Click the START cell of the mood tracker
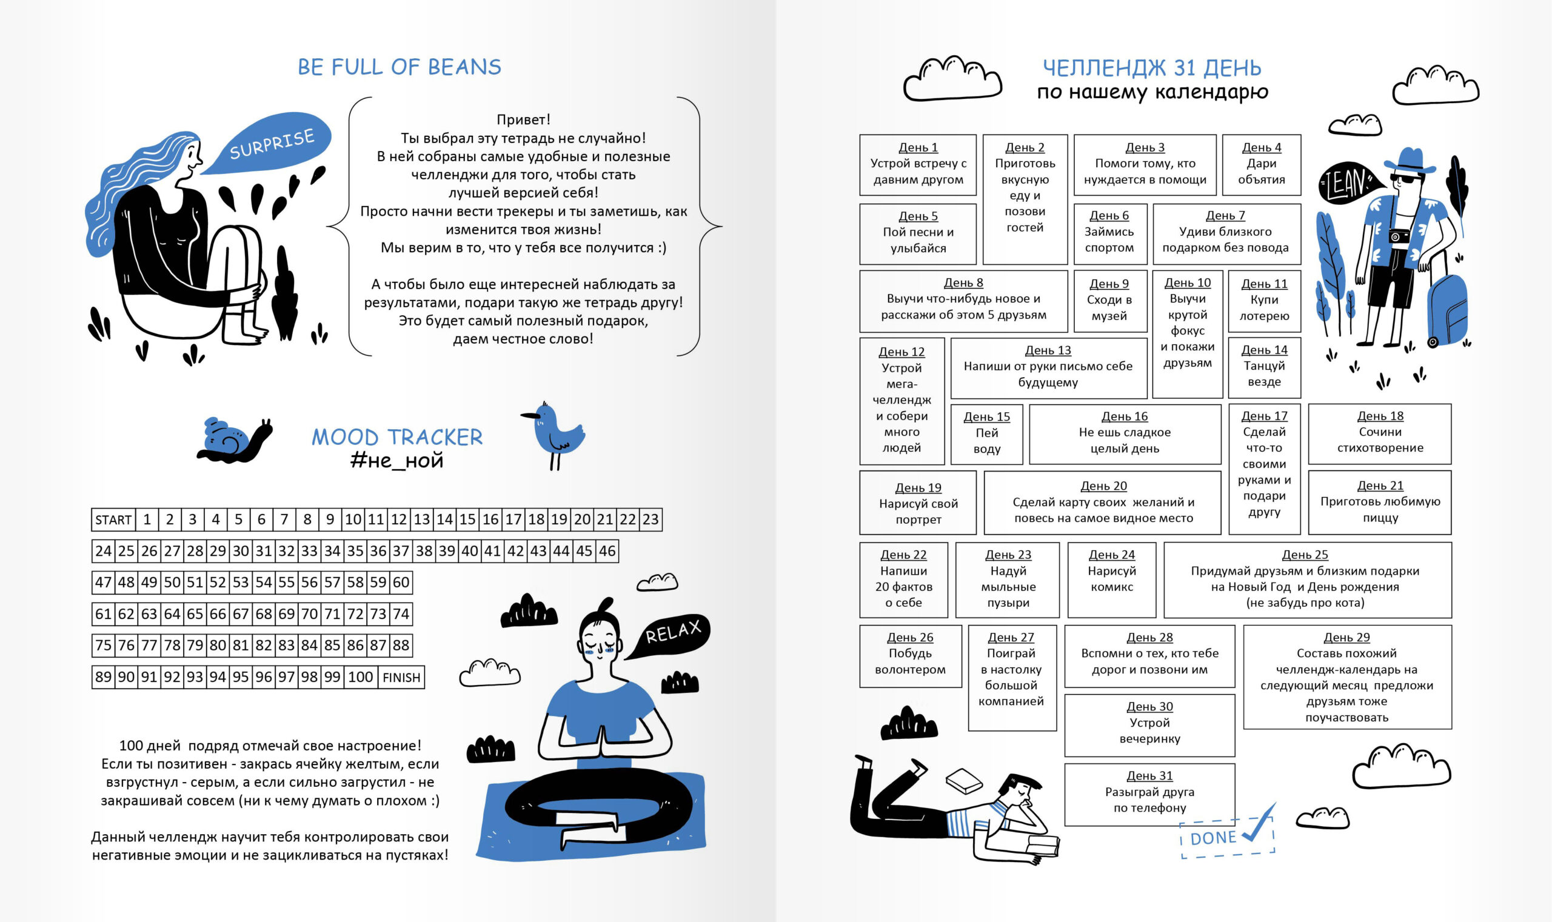pyautogui.click(x=113, y=519)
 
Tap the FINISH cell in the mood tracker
pyautogui.click(x=401, y=677)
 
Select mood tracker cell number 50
pyautogui.click(x=172, y=582)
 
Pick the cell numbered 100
pyautogui.click(x=360, y=676)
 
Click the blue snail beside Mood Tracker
pyautogui.click(x=233, y=439)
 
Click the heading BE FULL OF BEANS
pyautogui.click(x=399, y=67)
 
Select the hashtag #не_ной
pyautogui.click(x=397, y=460)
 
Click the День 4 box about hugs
pyautogui.click(x=1261, y=165)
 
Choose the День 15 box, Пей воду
pyautogui.click(x=986, y=433)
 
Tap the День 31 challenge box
pyautogui.click(x=1149, y=793)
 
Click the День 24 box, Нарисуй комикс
pyautogui.click(x=1111, y=579)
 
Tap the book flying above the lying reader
pyautogui.click(x=963, y=781)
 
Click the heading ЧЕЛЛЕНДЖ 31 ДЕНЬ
pyautogui.click(x=1152, y=68)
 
